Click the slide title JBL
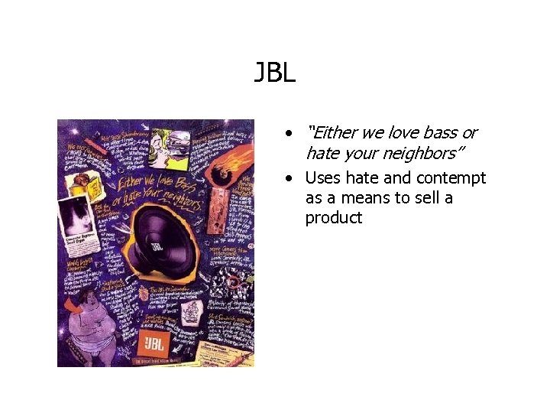click(274, 75)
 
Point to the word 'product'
click(334, 218)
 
